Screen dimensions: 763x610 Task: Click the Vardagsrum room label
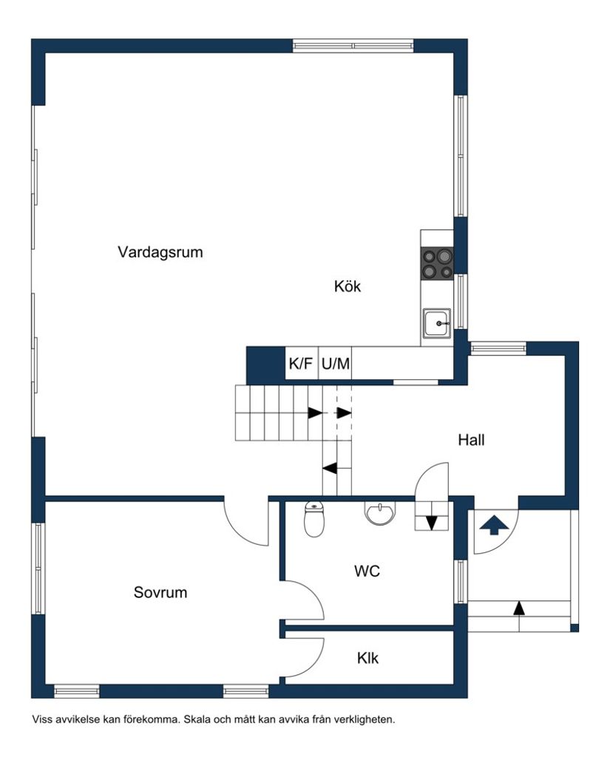point(160,252)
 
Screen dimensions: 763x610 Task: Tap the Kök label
point(347,286)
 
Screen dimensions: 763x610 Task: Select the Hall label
point(471,440)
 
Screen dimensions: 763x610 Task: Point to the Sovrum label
point(160,592)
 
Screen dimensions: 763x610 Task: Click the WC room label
point(367,571)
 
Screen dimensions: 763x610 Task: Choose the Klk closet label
point(367,657)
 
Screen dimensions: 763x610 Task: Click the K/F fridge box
point(301,364)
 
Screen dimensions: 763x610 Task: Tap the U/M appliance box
point(335,364)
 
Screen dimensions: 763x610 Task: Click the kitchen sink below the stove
point(437,323)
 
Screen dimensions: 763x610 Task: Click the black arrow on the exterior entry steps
point(519,608)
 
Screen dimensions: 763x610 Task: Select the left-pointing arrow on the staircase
point(330,467)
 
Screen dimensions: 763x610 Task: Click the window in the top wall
point(353,45)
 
